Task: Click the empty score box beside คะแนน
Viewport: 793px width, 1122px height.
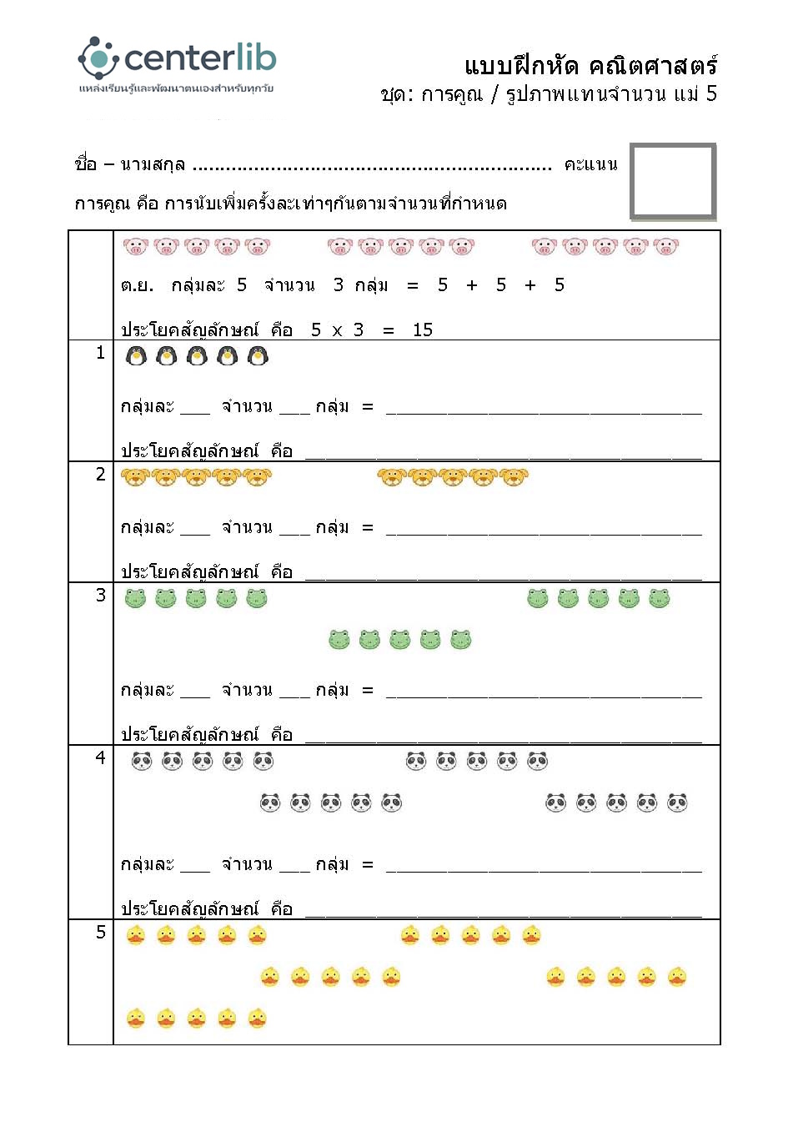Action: (x=673, y=182)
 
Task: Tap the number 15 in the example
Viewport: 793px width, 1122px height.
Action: (x=423, y=330)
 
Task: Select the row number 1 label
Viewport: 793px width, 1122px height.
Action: (x=101, y=354)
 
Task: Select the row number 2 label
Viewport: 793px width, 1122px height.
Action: (x=101, y=475)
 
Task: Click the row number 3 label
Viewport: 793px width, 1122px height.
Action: (x=101, y=596)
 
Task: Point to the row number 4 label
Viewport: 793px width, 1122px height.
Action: (x=101, y=758)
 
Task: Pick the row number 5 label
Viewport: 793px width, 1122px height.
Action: (x=101, y=933)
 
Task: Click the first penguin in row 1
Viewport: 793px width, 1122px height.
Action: (x=136, y=357)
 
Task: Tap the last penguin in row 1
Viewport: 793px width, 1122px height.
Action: (x=258, y=357)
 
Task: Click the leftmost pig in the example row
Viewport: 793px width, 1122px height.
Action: (x=135, y=247)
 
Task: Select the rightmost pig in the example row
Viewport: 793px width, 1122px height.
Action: (x=665, y=247)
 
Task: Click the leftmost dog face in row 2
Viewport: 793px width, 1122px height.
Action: (x=135, y=477)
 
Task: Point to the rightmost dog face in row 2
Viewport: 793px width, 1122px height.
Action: (x=514, y=477)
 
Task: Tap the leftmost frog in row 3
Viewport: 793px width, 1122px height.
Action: (x=135, y=598)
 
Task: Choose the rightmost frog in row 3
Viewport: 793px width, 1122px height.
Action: (x=660, y=598)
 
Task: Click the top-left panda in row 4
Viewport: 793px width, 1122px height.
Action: (x=142, y=761)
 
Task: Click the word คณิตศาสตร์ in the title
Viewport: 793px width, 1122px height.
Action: (x=653, y=65)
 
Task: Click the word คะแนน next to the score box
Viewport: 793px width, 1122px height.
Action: (x=590, y=164)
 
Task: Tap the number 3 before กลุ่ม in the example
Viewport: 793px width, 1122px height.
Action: (x=338, y=285)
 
